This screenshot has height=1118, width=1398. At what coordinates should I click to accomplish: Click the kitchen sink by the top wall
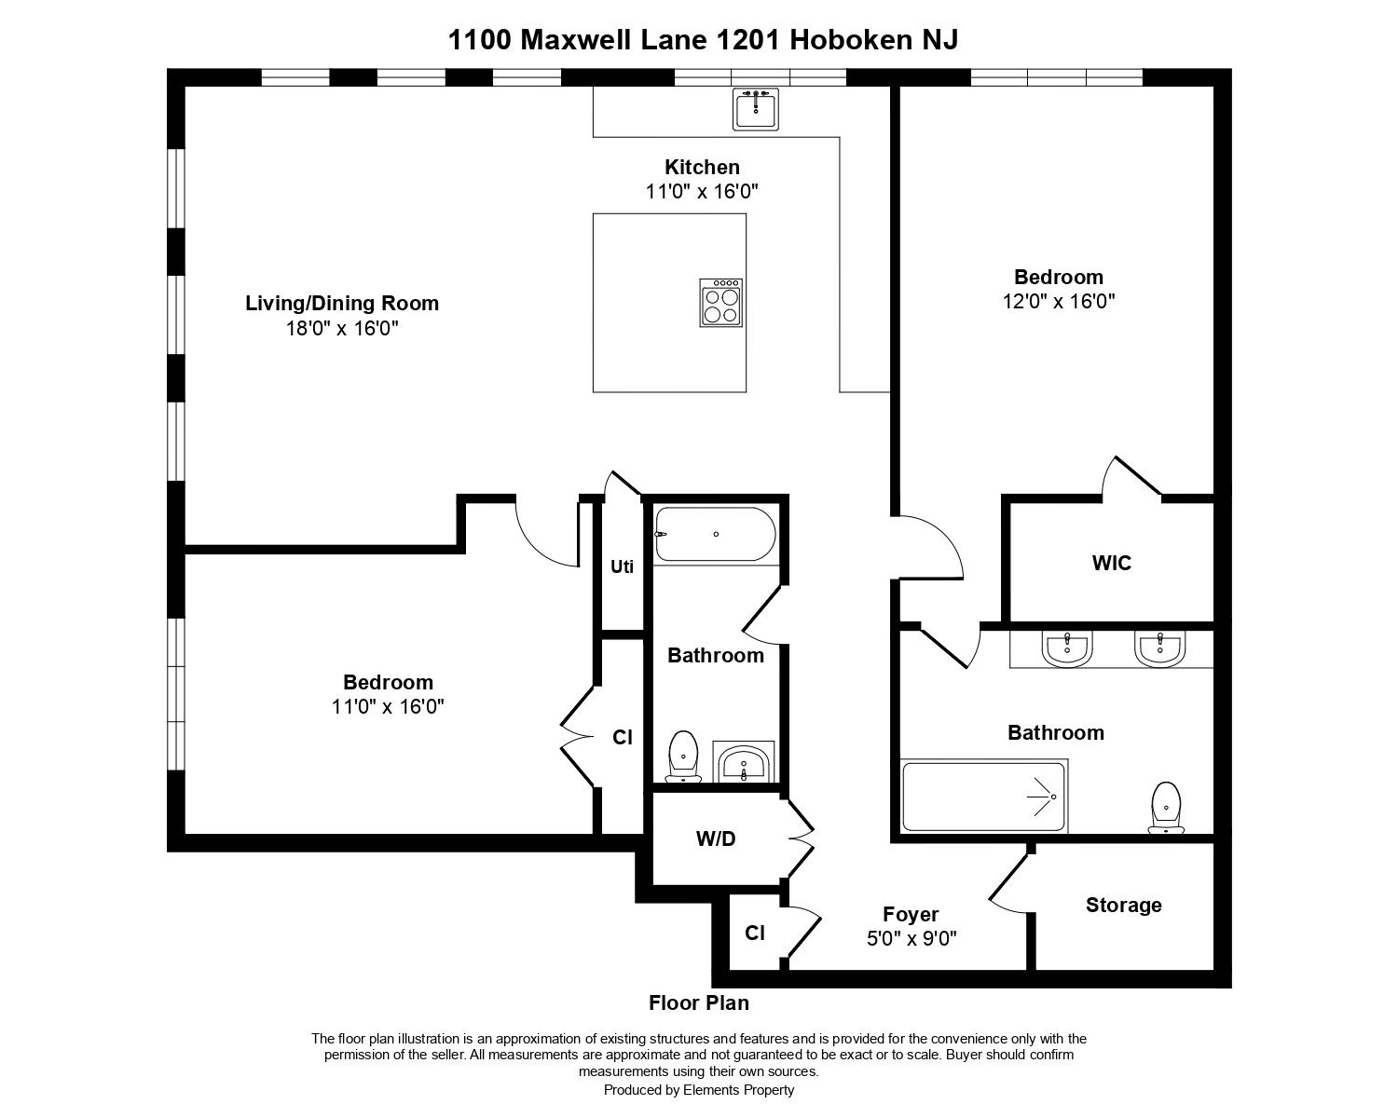pos(756,109)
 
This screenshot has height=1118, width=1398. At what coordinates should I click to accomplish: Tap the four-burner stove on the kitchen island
pos(721,303)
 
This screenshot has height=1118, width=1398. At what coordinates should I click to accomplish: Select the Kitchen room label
pos(702,167)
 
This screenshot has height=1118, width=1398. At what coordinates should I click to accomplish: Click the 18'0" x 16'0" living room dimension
pos(342,328)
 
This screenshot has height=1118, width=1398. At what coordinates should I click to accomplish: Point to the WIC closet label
pos(1112,563)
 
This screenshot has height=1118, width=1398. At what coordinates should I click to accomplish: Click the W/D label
pos(716,838)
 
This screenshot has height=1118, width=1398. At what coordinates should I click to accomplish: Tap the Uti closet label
pos(622,566)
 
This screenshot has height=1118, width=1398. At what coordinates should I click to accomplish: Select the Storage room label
pos(1124,905)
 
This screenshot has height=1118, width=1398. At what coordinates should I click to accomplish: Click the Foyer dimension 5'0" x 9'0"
pos(912,938)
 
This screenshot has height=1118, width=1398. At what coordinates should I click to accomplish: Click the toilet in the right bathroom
pos(1167,808)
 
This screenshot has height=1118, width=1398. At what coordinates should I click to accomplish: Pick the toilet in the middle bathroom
pos(683,757)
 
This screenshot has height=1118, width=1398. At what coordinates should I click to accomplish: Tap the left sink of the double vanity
pos(1067,648)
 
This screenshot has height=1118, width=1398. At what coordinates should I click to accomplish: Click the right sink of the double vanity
pos(1160,648)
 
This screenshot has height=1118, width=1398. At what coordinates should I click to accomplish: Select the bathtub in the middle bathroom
pos(715,534)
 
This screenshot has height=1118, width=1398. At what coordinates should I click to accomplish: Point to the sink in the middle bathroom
pos(744,761)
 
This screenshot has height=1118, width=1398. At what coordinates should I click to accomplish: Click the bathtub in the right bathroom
pos(983,797)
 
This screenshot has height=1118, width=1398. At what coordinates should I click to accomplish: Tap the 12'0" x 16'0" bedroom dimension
pos(1059,302)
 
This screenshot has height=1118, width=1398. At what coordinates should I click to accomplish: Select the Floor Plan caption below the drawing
pos(699,1003)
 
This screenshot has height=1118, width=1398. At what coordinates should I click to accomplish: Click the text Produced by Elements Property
pos(699,1090)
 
